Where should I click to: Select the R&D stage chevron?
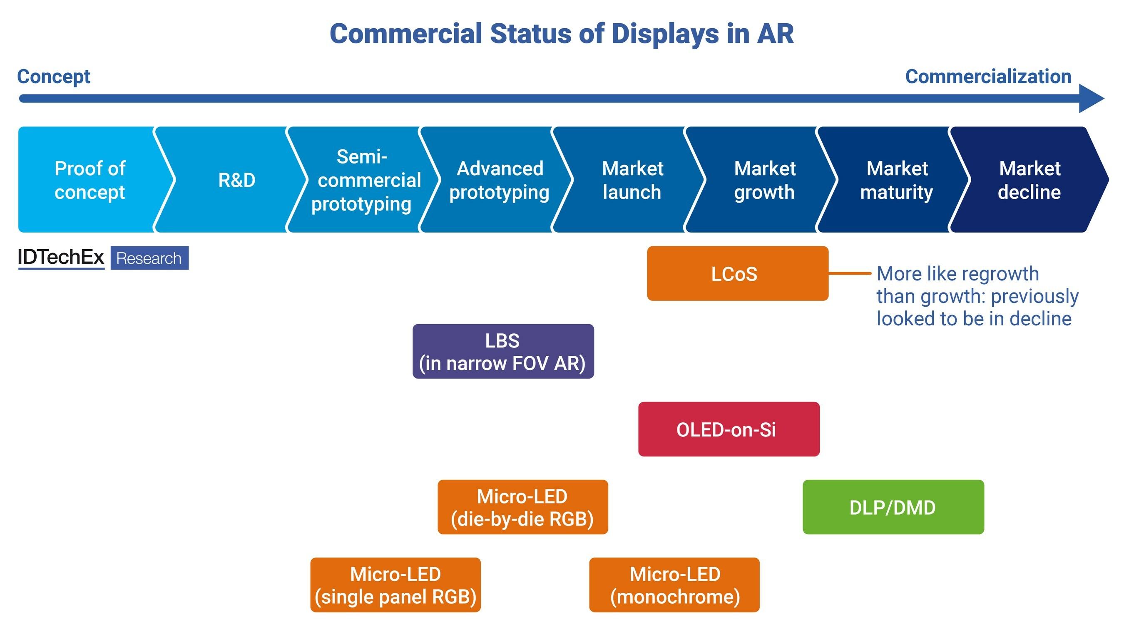point(231,180)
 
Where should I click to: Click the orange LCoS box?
point(737,273)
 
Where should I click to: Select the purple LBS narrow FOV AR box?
point(503,351)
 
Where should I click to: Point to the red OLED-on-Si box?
point(729,429)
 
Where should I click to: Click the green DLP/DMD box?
point(893,507)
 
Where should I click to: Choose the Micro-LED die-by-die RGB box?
point(523,507)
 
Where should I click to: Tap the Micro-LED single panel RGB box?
point(395,585)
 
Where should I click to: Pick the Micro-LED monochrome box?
point(674,585)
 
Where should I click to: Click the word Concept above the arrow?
point(54,77)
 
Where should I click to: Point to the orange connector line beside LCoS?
point(850,273)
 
